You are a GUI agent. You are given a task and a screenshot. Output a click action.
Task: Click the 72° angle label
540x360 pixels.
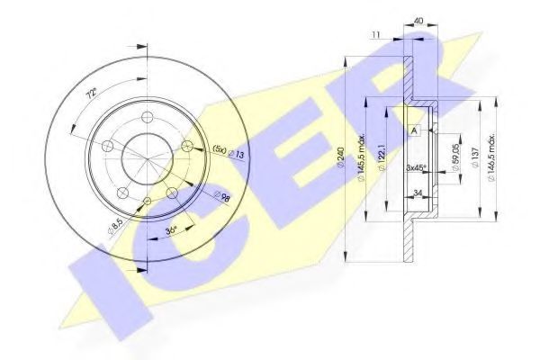[x=88, y=93]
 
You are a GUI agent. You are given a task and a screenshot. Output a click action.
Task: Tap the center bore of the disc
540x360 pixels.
[x=145, y=155]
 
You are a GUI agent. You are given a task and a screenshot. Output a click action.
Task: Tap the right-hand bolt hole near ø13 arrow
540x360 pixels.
[x=186, y=145]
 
